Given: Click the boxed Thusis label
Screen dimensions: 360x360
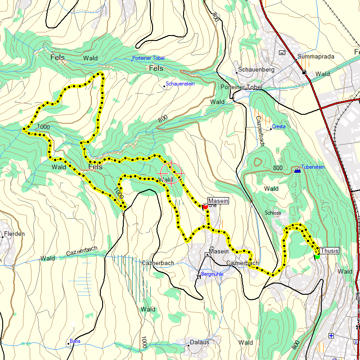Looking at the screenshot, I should (x=329, y=251).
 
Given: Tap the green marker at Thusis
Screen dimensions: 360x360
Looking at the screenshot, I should (x=317, y=256).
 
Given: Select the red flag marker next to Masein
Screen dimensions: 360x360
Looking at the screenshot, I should (x=205, y=207).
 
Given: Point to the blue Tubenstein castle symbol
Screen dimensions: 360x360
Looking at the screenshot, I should (x=297, y=171).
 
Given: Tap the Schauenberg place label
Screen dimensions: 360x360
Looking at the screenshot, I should (x=256, y=70).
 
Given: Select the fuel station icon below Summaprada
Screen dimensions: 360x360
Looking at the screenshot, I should (x=305, y=72).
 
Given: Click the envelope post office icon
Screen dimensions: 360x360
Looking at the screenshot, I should (x=282, y=53).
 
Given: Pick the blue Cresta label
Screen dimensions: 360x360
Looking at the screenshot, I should (x=279, y=127).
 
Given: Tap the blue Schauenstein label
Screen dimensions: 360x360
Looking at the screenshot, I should (x=180, y=84).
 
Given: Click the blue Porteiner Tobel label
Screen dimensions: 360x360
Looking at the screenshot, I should (x=148, y=58).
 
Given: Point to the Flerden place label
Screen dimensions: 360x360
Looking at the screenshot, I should (x=14, y=234).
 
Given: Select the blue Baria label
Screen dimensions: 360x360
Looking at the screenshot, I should (x=75, y=342).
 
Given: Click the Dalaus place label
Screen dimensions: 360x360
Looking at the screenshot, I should (x=199, y=342).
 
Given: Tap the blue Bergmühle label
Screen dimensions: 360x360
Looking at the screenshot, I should (x=212, y=274).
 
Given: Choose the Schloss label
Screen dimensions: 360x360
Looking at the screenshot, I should (x=273, y=212).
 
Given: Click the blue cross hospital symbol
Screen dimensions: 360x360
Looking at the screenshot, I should (x=331, y=335).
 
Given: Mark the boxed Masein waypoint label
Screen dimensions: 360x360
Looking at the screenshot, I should (x=218, y=201).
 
